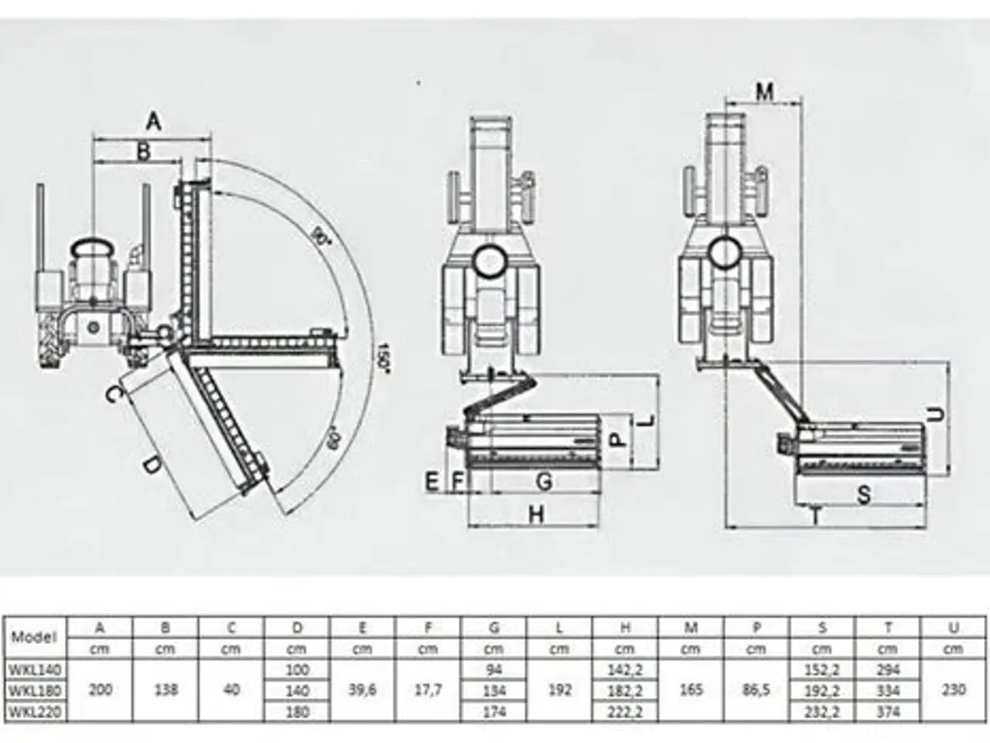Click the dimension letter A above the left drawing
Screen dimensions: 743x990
[x=153, y=122]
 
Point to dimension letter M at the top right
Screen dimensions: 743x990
[x=763, y=92]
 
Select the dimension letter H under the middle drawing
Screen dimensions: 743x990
[x=536, y=514]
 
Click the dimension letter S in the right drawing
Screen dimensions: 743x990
[x=864, y=495]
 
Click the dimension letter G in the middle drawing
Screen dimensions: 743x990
[x=544, y=481]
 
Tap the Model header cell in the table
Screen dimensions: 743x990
[x=35, y=638]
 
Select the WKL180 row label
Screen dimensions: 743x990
[x=35, y=690]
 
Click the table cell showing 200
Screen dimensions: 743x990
[x=100, y=690]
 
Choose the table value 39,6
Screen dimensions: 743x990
[x=362, y=690]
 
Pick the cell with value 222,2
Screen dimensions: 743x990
[x=625, y=711]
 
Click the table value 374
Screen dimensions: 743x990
[x=887, y=711]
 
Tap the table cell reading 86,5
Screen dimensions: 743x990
[x=756, y=690]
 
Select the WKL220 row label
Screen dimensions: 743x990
[x=35, y=711]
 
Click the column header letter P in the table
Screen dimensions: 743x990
[x=756, y=628]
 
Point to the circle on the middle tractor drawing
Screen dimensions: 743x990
[x=492, y=261]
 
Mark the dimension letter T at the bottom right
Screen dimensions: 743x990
[x=814, y=516]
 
